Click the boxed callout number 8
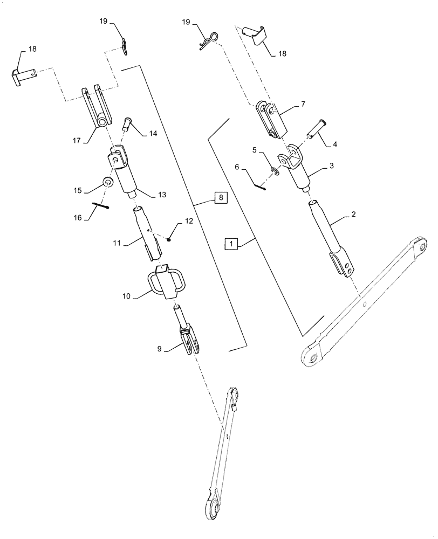[x=220, y=198]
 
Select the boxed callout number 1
[x=231, y=244]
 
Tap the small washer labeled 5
[x=275, y=171]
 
